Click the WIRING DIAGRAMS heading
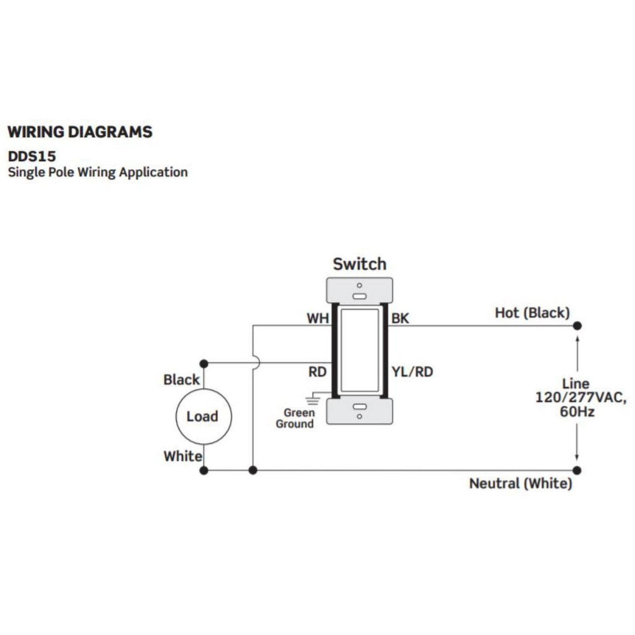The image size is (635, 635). coord(80,132)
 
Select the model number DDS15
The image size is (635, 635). coord(32,156)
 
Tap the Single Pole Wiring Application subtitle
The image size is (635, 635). coord(98,172)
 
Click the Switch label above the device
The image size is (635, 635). coord(359,264)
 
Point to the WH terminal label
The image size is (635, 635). coord(318,318)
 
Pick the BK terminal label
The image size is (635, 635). coord(400,318)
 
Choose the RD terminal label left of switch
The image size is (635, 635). coord(317,372)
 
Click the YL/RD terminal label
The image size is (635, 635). coord(412,372)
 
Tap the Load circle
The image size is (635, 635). coord(203,417)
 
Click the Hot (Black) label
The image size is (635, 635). coord(532,313)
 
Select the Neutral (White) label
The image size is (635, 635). coord(521,483)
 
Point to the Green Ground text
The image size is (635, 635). coord(295,418)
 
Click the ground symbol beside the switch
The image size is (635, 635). coord(312,399)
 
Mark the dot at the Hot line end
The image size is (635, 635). coord(577,326)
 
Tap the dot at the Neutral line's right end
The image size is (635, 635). coord(577,470)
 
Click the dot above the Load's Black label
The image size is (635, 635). coord(203,363)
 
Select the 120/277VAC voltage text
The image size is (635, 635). coord(580,398)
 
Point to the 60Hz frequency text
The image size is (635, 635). coord(577,412)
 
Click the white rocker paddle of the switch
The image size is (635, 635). coord(359,350)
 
